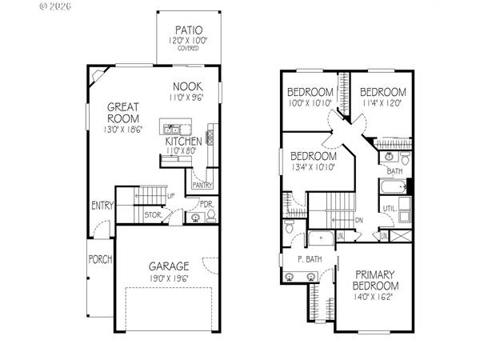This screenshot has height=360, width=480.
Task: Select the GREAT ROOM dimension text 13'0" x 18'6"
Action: point(122,130)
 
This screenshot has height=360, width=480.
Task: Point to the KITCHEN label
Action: point(183,142)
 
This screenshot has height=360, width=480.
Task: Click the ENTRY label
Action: point(102,206)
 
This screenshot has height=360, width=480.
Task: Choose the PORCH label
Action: point(101,259)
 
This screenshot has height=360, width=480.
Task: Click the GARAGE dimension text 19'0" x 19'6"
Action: point(168,278)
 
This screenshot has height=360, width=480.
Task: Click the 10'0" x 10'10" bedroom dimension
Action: point(310,103)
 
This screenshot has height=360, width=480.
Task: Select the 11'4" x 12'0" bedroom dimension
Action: point(382,103)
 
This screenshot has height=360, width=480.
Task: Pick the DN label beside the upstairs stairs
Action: point(360,220)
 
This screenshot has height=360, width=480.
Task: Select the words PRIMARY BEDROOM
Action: point(376,280)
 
